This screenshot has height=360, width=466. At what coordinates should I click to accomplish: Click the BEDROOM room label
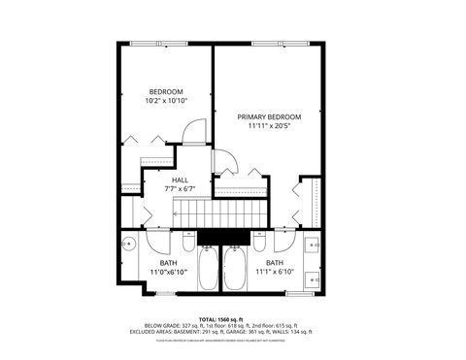click(165, 91)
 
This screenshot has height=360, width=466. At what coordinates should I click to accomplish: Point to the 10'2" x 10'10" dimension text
click(165, 100)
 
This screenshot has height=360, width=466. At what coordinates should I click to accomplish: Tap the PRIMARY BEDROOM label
click(269, 116)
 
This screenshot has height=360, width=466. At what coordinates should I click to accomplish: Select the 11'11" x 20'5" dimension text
click(269, 125)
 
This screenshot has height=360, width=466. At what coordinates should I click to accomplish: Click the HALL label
click(180, 180)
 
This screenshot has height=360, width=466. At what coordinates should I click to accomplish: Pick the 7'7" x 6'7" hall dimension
click(180, 188)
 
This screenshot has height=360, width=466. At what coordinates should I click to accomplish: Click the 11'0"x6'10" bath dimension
click(168, 271)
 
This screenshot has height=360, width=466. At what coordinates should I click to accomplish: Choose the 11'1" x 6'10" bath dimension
click(275, 271)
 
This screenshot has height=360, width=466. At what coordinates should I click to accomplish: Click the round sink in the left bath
click(129, 245)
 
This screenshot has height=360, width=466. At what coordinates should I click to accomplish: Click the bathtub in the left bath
click(209, 269)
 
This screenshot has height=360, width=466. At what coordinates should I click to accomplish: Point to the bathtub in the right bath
click(236, 269)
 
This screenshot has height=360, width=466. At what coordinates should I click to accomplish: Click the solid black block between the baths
click(223, 238)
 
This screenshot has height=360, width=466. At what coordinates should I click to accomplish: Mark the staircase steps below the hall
click(233, 212)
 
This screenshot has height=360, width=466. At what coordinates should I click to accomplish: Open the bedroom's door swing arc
click(196, 131)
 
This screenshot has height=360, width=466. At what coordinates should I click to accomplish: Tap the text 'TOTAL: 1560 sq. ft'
click(222, 318)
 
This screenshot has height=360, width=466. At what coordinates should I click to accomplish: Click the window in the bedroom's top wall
click(151, 44)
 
